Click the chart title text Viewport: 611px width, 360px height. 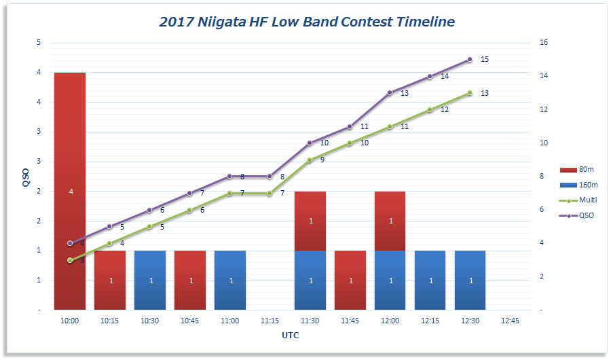307,22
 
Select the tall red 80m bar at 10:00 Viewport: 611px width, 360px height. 70,191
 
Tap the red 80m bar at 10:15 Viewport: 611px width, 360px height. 110,280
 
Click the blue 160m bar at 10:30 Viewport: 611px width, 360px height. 150,280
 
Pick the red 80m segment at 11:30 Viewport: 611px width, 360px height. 310,221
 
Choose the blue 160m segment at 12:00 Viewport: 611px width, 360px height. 390,280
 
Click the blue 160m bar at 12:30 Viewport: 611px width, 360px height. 470,280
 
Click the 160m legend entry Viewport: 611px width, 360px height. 579,185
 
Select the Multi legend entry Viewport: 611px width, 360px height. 579,200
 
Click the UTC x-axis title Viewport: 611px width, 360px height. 291,336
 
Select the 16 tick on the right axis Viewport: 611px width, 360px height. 543,43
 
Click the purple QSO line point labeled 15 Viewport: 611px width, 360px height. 470,60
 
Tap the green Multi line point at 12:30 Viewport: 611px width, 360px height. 470,93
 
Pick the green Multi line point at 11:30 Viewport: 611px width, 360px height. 310,160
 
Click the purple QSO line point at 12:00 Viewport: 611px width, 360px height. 390,92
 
